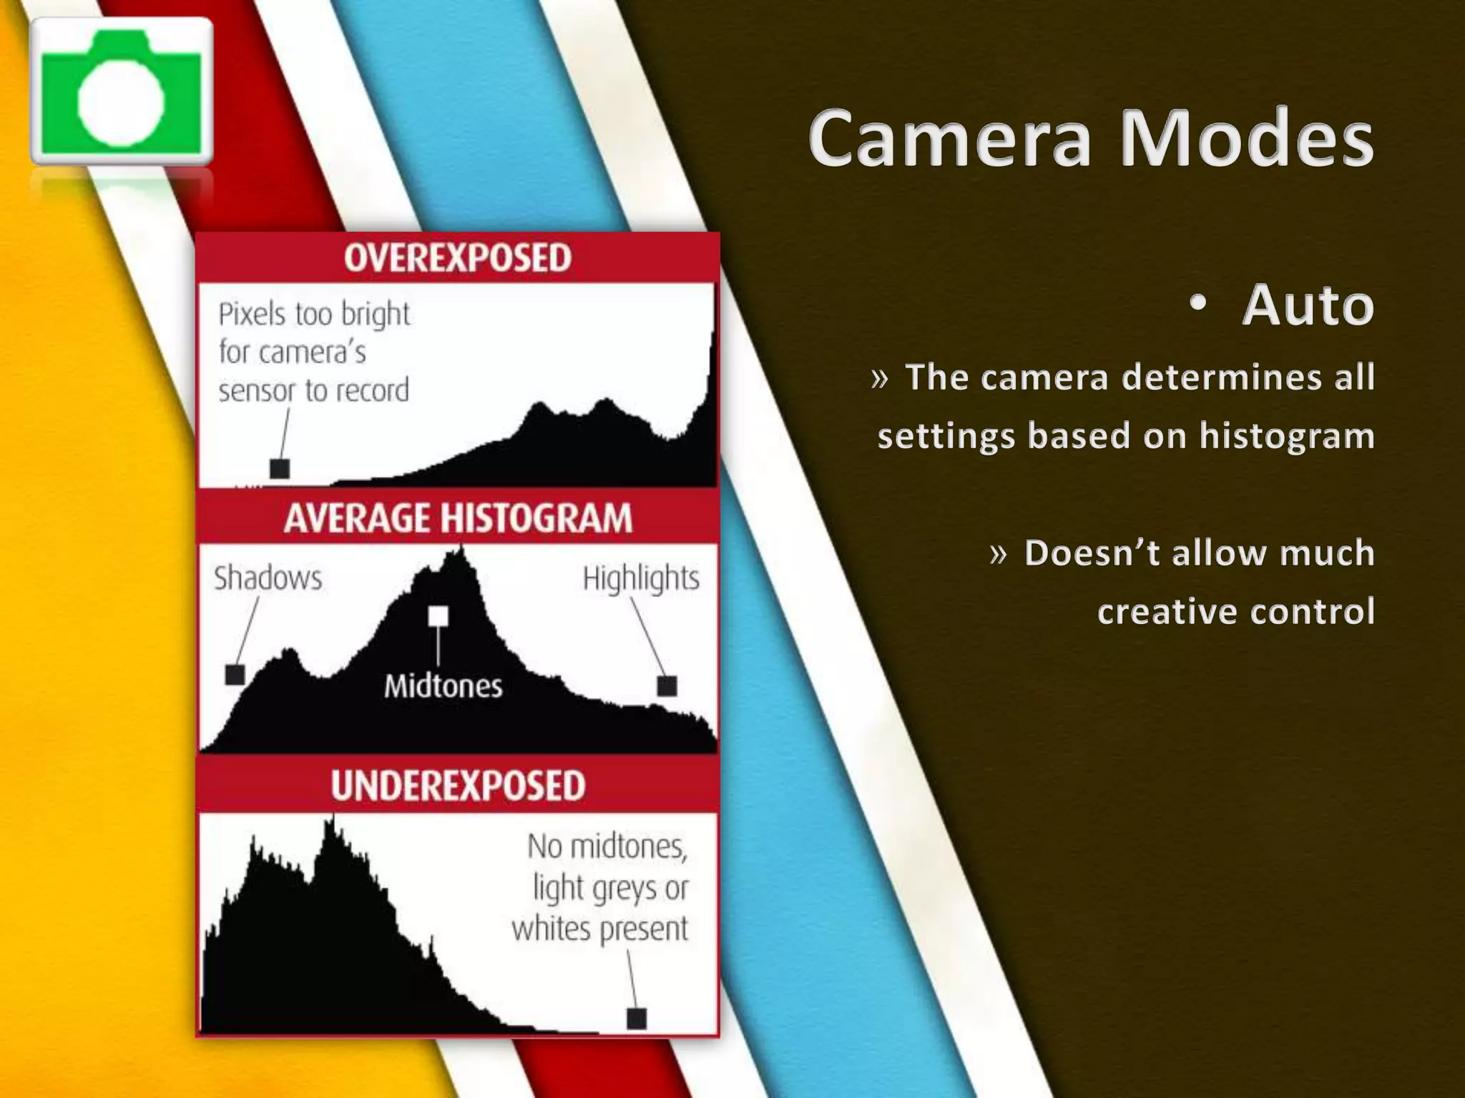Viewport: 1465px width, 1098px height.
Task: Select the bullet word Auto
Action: [x=1308, y=305]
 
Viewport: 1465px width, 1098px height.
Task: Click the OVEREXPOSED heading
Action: [x=458, y=258]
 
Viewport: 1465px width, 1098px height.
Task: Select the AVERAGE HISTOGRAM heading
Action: [x=458, y=518]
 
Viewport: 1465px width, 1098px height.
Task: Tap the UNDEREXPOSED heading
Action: [x=458, y=785]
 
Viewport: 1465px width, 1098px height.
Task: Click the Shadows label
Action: [x=268, y=578]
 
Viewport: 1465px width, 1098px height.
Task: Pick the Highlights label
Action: [x=641, y=578]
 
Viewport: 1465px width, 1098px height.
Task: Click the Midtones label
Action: [x=443, y=686]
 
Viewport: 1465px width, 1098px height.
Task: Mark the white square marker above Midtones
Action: [x=438, y=616]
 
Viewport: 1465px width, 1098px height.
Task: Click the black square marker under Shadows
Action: [x=235, y=674]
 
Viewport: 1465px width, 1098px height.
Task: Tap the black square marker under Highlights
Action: [x=667, y=686]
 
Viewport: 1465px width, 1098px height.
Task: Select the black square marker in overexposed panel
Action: [x=280, y=469]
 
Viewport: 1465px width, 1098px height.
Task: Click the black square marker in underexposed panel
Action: [x=637, y=1018]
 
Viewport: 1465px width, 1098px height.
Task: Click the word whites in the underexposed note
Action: [x=552, y=929]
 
